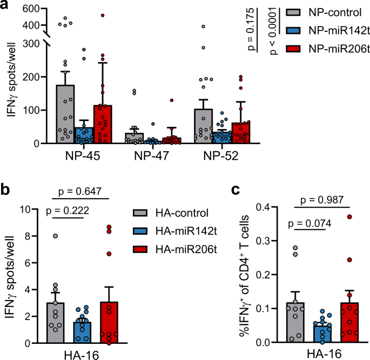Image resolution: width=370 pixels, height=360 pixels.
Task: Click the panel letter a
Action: point(5,6)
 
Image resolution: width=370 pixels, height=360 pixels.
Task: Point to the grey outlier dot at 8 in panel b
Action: point(55,236)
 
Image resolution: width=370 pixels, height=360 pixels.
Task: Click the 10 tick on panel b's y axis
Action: point(31,209)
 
